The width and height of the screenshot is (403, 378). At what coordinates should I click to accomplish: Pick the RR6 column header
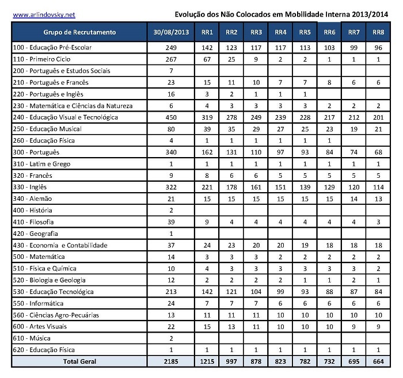click(x=330, y=32)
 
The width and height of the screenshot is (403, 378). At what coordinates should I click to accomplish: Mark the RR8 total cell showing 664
click(x=378, y=361)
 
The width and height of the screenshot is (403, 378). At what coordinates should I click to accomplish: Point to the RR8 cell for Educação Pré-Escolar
click(x=378, y=47)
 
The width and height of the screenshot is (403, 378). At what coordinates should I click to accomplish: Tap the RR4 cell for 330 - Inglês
click(x=281, y=187)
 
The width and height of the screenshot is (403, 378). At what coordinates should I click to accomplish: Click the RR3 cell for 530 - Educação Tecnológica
click(x=257, y=292)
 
